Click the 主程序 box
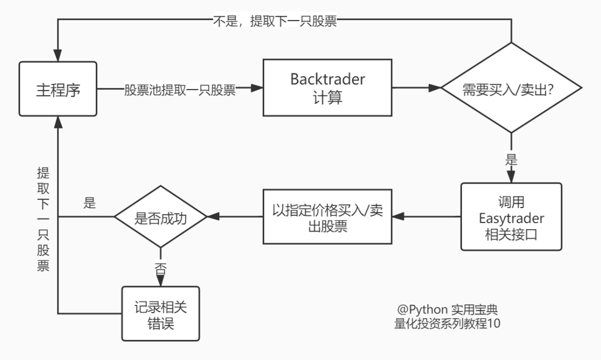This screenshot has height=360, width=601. click(x=58, y=90)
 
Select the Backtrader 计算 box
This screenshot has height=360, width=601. click(x=327, y=88)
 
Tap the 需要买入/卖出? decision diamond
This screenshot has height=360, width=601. click(x=511, y=88)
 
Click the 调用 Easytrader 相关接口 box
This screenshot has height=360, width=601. click(x=511, y=217)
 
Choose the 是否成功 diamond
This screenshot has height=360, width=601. click(x=160, y=217)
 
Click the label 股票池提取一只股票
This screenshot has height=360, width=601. click(x=180, y=90)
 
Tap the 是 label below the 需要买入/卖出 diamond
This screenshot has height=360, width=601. click(x=511, y=160)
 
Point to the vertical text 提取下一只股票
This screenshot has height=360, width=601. click(x=43, y=219)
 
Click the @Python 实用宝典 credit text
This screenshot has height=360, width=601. click(x=444, y=309)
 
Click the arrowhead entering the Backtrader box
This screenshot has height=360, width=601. click(x=257, y=88)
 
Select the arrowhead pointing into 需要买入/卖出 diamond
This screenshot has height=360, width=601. click(x=435, y=88)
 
